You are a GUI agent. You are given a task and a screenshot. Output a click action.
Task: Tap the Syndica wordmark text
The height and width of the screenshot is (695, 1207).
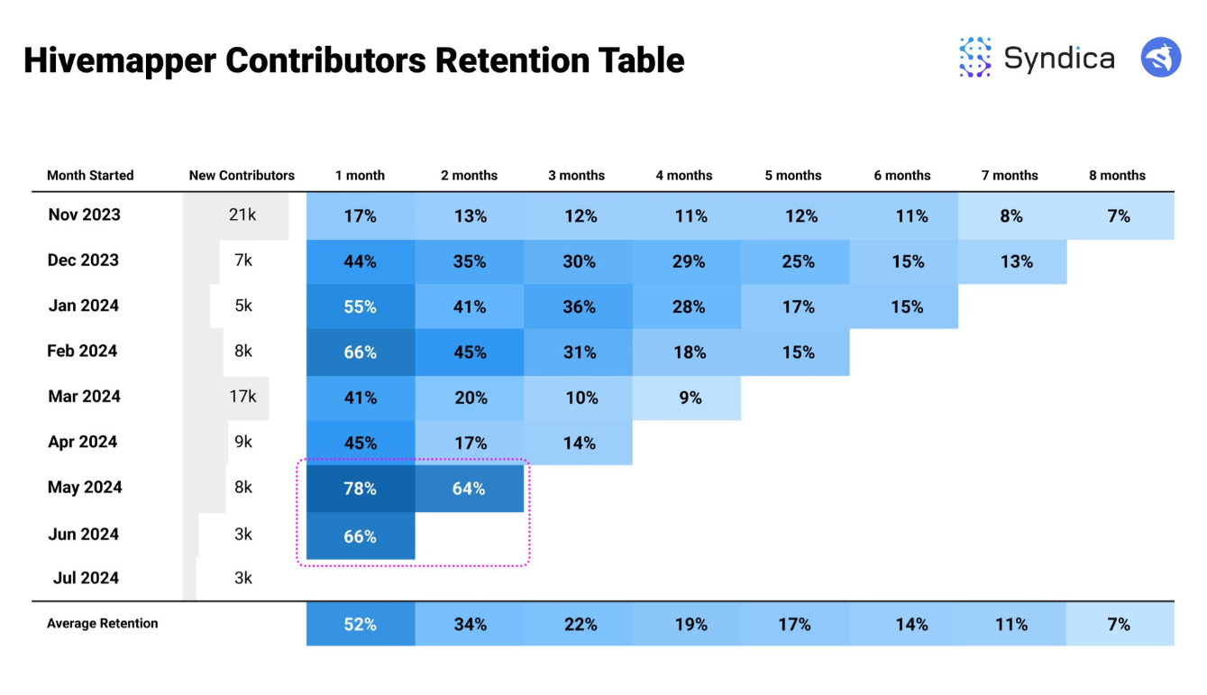[1058, 59]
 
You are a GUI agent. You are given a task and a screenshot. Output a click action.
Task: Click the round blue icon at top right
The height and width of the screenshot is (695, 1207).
[1160, 58]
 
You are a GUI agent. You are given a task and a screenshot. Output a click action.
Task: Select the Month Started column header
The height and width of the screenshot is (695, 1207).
[90, 176]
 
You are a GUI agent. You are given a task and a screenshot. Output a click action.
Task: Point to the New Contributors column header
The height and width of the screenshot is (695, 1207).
[242, 176]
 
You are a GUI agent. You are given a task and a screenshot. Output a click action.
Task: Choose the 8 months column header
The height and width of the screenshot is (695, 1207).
[1117, 176]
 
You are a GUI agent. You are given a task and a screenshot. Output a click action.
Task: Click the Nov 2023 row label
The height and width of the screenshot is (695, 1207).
[84, 215]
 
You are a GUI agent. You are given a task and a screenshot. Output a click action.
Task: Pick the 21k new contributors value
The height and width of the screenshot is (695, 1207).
[242, 215]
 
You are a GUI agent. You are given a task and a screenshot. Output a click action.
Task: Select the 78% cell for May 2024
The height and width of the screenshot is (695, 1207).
[360, 489]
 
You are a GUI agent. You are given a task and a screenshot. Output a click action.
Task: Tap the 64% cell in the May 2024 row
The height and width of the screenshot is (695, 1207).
[469, 489]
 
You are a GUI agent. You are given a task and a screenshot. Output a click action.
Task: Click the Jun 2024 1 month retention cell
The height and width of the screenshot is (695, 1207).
[360, 536]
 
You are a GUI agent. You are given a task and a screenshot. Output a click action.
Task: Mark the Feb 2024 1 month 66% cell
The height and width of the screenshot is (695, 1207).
[360, 352]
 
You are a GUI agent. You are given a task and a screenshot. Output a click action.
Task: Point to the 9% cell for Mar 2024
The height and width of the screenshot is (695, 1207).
[690, 398]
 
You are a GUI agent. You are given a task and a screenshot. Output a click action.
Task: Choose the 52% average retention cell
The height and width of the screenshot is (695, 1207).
[360, 624]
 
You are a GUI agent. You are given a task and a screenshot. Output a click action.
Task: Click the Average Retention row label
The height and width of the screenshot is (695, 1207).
[102, 624]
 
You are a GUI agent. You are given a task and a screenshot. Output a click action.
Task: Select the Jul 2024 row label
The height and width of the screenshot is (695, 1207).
[86, 579]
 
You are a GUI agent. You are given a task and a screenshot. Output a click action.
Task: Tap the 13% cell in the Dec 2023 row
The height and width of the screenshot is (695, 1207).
[1016, 261]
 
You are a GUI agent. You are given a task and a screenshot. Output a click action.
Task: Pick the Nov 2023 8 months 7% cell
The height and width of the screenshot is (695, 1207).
[1119, 216]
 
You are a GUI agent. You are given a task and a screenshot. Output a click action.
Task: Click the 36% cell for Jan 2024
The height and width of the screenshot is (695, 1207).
[579, 306]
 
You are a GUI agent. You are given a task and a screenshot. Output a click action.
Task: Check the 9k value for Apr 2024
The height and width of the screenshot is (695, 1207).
[243, 443]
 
